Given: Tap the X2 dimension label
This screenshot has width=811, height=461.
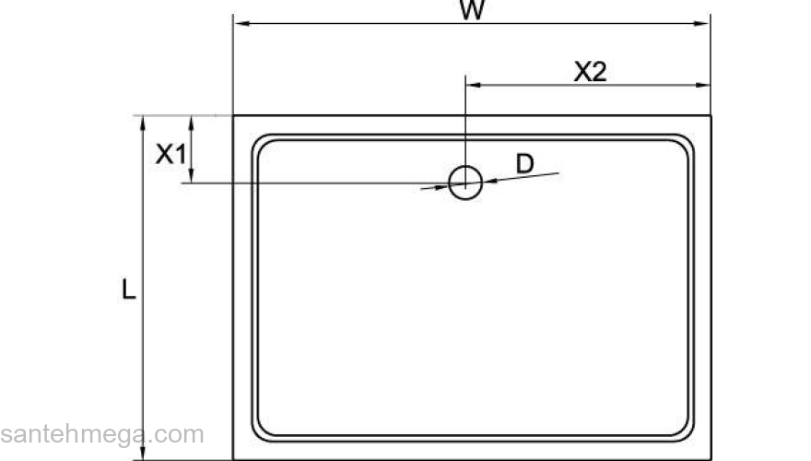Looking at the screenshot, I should coord(590,72).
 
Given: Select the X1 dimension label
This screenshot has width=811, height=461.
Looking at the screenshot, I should coord(170,153).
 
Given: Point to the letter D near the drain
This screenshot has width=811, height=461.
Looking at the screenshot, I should coord(524,164).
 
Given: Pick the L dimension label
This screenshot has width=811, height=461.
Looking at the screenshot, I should coord(129,290).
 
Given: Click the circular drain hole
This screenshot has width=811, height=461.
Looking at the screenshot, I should coord(465,181).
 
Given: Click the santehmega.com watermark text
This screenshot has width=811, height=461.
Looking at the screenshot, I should coord(101,434).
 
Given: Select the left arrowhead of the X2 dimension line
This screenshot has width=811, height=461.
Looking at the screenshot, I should coord(472,86).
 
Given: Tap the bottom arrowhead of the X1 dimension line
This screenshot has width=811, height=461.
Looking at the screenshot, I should coord(191,177).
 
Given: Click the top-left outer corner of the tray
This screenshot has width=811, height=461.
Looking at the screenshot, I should coord(234,116).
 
